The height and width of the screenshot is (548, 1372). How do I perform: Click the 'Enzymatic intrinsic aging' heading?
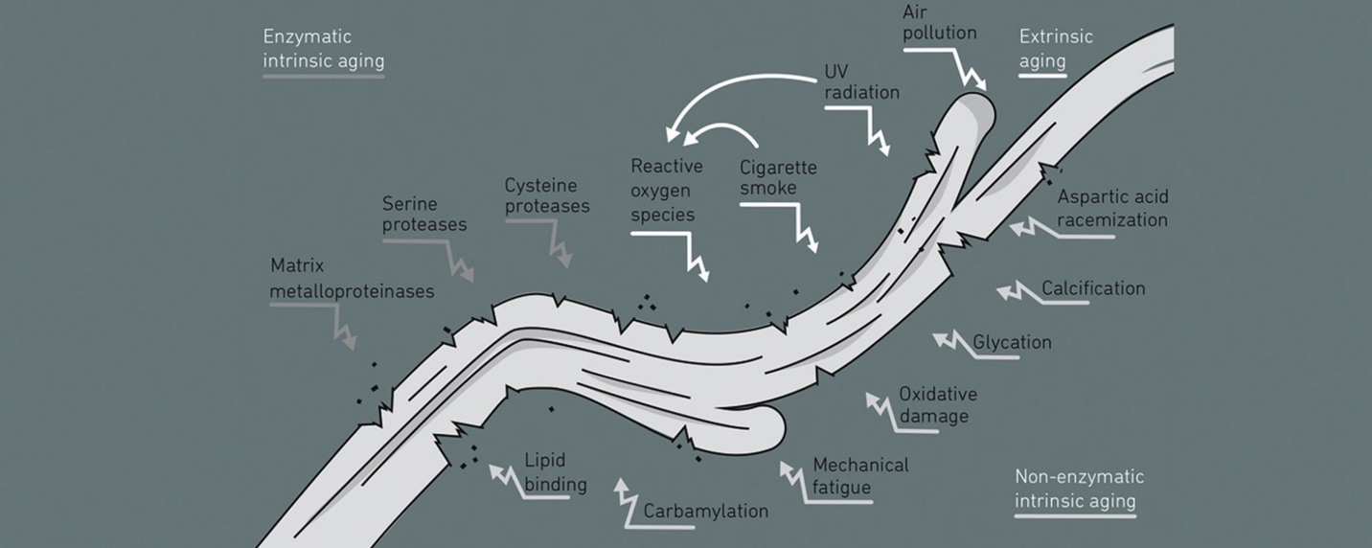tap(323, 49)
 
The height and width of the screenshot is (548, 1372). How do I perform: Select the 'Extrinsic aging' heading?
tap(1055, 49)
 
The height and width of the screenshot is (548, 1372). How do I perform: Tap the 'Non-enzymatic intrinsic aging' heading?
tap(1078, 489)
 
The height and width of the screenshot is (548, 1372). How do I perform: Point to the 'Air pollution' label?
tap(939, 22)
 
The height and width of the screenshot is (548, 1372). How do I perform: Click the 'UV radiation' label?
tap(861, 81)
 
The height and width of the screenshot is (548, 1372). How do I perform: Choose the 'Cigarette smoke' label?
tap(778, 177)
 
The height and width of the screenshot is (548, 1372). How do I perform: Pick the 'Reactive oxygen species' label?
tap(666, 191)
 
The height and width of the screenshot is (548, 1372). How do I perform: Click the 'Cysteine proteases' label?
tap(547, 194)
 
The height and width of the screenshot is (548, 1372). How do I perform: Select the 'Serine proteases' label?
tap(424, 214)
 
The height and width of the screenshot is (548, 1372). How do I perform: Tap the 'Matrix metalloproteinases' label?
tap(352, 277)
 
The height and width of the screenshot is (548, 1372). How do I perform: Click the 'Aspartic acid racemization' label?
tap(1112, 208)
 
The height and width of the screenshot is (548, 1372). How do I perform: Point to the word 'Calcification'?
tap(1093, 287)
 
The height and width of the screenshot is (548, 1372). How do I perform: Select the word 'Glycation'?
tap(1012, 342)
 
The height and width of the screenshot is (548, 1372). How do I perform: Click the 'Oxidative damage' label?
tap(937, 404)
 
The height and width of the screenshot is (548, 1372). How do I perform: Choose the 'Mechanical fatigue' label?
tap(860, 476)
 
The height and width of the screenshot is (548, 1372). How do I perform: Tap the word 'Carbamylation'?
tap(705, 511)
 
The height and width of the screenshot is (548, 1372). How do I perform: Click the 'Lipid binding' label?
tap(555, 472)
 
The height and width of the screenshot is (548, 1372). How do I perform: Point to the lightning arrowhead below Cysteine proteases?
tap(564, 258)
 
